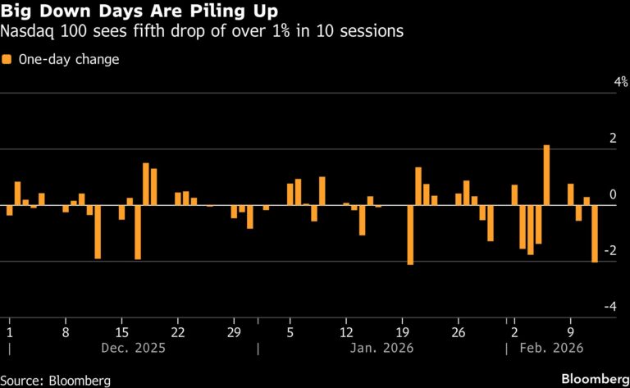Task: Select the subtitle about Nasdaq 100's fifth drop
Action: tap(202, 33)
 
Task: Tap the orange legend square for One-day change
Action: tap(7, 60)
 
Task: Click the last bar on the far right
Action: tap(595, 233)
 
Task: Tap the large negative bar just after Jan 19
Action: tap(410, 235)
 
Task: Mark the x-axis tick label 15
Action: tap(122, 333)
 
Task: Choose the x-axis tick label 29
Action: tap(234, 333)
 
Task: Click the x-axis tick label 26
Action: tap(459, 333)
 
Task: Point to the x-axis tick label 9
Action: tap(571, 333)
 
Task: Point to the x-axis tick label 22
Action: tap(178, 333)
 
